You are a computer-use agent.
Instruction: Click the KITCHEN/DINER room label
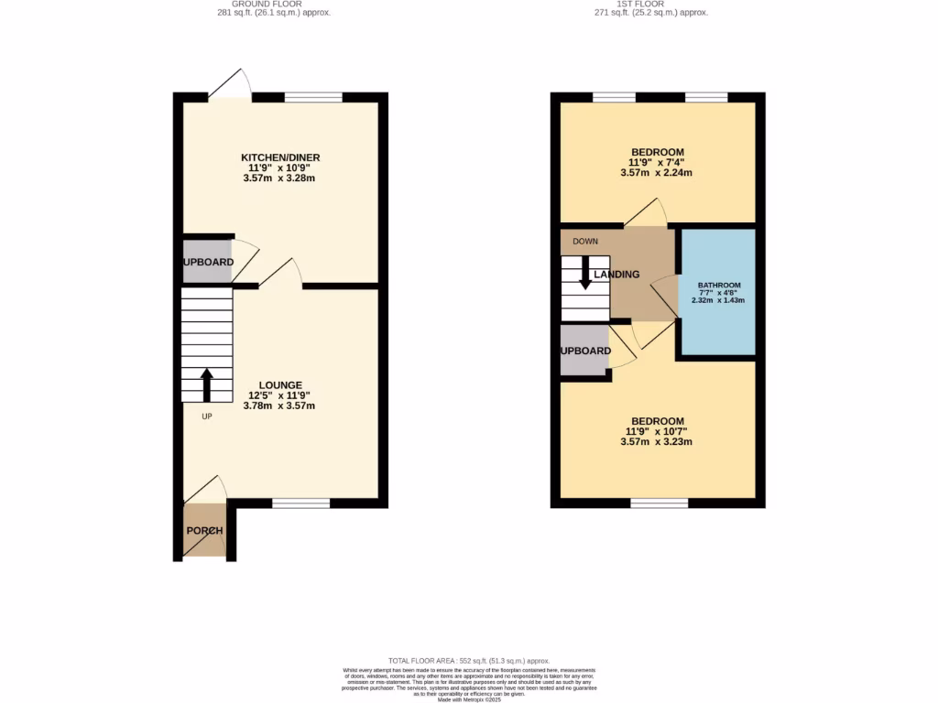tap(280, 157)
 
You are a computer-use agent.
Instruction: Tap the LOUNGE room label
tap(280, 384)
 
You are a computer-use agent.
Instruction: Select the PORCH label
tap(204, 531)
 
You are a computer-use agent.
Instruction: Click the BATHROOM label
tap(719, 285)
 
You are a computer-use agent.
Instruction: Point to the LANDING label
tap(616, 275)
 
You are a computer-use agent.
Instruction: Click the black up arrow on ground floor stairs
tap(206, 384)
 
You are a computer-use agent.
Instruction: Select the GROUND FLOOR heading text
tap(280, 4)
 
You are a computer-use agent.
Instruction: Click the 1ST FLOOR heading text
tap(657, 4)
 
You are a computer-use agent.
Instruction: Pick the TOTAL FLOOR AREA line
tap(468, 660)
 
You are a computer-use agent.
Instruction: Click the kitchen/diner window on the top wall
tap(313, 97)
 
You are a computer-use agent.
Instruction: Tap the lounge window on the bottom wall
tap(300, 503)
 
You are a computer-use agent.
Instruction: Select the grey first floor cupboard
tap(584, 351)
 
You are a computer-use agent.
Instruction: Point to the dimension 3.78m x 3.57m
tap(280, 406)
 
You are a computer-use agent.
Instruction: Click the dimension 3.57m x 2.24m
tap(657, 173)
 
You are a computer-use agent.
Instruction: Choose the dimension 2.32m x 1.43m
tap(719, 300)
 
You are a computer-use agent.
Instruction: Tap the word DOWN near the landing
tap(584, 242)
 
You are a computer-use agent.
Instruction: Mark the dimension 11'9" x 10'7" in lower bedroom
tap(657, 432)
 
